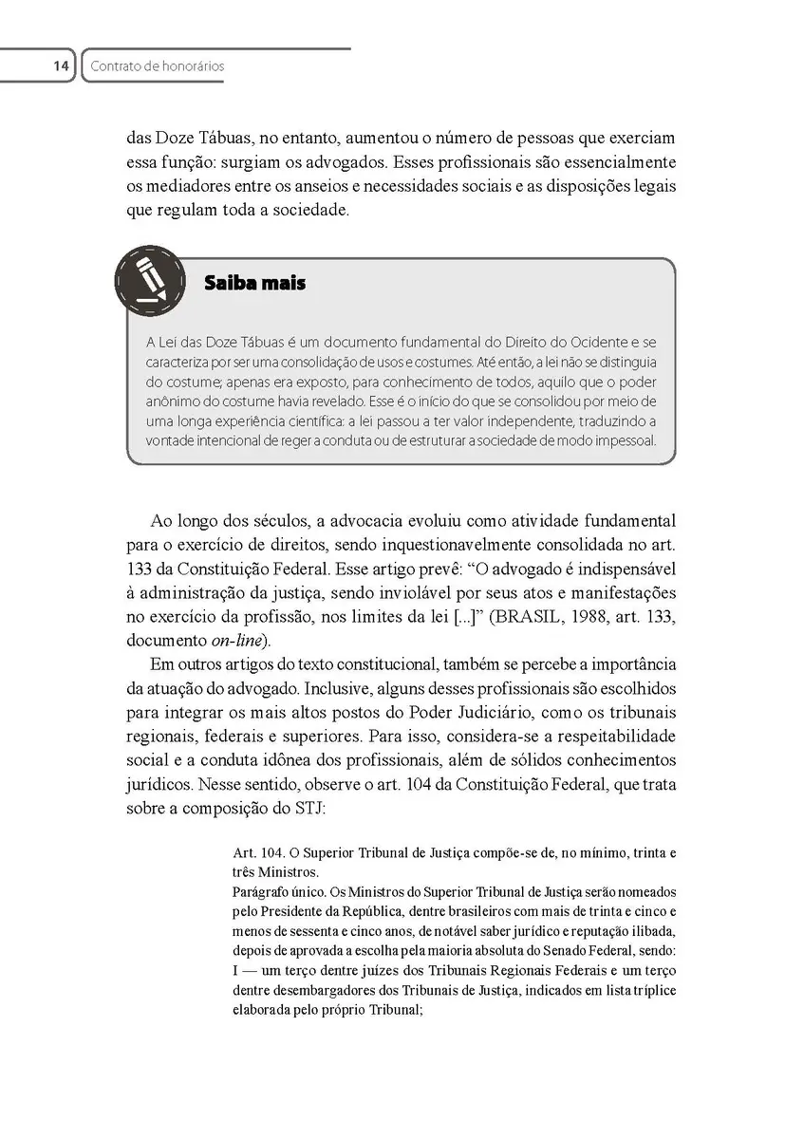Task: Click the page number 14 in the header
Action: pos(61,66)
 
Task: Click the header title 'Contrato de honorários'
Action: pos(156,66)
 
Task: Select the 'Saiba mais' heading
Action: pos(254,283)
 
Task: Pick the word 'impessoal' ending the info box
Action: pos(623,440)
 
